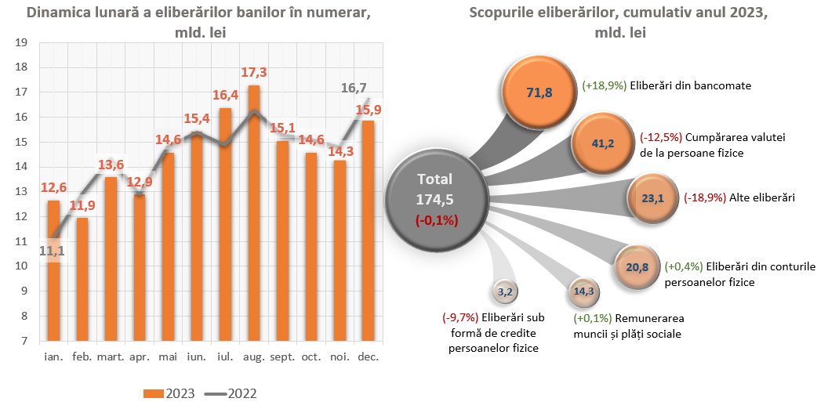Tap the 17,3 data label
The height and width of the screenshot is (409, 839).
254,72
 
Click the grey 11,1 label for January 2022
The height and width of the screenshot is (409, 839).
52,251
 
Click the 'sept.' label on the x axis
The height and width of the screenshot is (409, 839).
282,357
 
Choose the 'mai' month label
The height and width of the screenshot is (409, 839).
168,357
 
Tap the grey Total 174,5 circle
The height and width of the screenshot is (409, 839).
435,200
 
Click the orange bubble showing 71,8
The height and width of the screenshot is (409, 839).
539,92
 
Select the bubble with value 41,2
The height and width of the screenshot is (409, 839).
601,143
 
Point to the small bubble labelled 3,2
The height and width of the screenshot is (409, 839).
504,292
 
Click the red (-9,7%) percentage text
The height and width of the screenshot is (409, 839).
459,317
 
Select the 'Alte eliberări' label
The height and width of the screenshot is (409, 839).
762,198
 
